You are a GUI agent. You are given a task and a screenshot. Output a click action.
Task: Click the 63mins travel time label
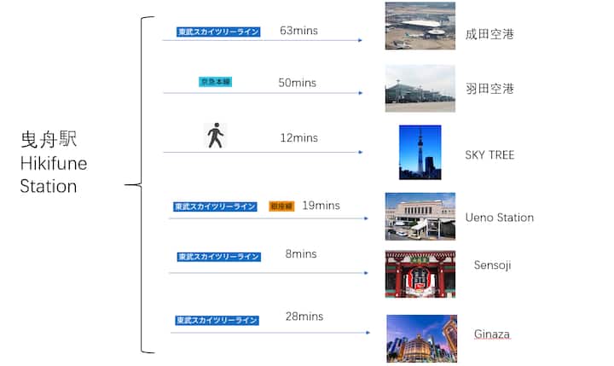[298, 31]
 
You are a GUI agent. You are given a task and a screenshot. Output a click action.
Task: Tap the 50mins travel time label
[297, 83]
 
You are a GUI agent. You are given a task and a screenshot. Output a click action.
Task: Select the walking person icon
[216, 136]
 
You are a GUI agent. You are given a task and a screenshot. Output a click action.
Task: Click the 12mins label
[298, 138]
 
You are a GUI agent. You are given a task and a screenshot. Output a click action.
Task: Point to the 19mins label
[321, 206]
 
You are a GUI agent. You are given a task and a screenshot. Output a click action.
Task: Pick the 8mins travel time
[301, 254]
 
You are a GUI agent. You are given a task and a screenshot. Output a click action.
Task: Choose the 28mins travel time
[304, 317]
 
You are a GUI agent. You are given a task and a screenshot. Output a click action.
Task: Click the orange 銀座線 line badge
[281, 206]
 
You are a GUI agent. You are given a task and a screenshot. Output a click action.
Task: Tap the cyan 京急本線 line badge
[215, 82]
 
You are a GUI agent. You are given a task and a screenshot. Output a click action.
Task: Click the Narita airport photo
[420, 26]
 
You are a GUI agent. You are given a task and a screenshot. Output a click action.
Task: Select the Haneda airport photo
[420, 88]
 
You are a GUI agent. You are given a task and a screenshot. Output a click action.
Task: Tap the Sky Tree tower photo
[420, 152]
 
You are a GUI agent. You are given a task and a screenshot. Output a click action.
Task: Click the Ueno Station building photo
[420, 216]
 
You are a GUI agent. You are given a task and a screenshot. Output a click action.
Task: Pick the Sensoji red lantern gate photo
[420, 274]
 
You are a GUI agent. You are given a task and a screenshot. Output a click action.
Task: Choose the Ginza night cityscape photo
[421, 338]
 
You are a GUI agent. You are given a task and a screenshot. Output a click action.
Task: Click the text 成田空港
[489, 35]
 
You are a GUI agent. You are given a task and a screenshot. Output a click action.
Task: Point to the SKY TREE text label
[489, 155]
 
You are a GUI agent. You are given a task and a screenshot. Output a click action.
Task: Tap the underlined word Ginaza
[492, 334]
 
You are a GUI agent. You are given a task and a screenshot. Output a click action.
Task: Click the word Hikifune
[53, 163]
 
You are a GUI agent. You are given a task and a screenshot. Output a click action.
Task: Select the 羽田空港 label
[489, 89]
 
